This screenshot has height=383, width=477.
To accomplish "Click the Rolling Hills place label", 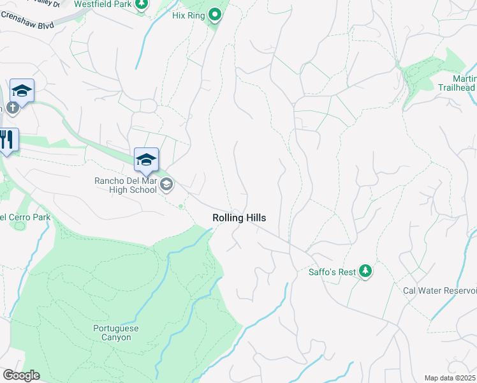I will pyautogui.click(x=238, y=218).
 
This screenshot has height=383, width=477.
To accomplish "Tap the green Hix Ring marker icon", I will pyautogui.click(x=216, y=14).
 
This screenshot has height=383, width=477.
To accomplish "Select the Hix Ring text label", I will pyautogui.click(x=187, y=15).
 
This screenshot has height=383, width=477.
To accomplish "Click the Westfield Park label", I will pyautogui.click(x=103, y=4).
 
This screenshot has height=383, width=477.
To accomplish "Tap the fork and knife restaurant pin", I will pyautogui.click(x=7, y=139).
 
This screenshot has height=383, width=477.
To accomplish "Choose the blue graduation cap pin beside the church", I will pyautogui.click(x=22, y=91).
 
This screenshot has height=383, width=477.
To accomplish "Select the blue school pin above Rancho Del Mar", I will pyautogui.click(x=146, y=160).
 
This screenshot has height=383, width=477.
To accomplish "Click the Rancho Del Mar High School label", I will pyautogui.click(x=125, y=185).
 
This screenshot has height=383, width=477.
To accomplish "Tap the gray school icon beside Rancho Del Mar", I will pyautogui.click(x=166, y=185).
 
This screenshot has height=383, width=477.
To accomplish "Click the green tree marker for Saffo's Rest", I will pyautogui.click(x=365, y=271).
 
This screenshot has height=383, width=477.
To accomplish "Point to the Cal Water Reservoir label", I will pyautogui.click(x=439, y=290).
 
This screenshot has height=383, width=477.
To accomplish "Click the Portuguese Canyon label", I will pyautogui.click(x=115, y=333).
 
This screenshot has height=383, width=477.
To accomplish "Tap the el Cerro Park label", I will pyautogui.click(x=24, y=217).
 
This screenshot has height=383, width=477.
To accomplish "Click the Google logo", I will pyautogui.click(x=20, y=375).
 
